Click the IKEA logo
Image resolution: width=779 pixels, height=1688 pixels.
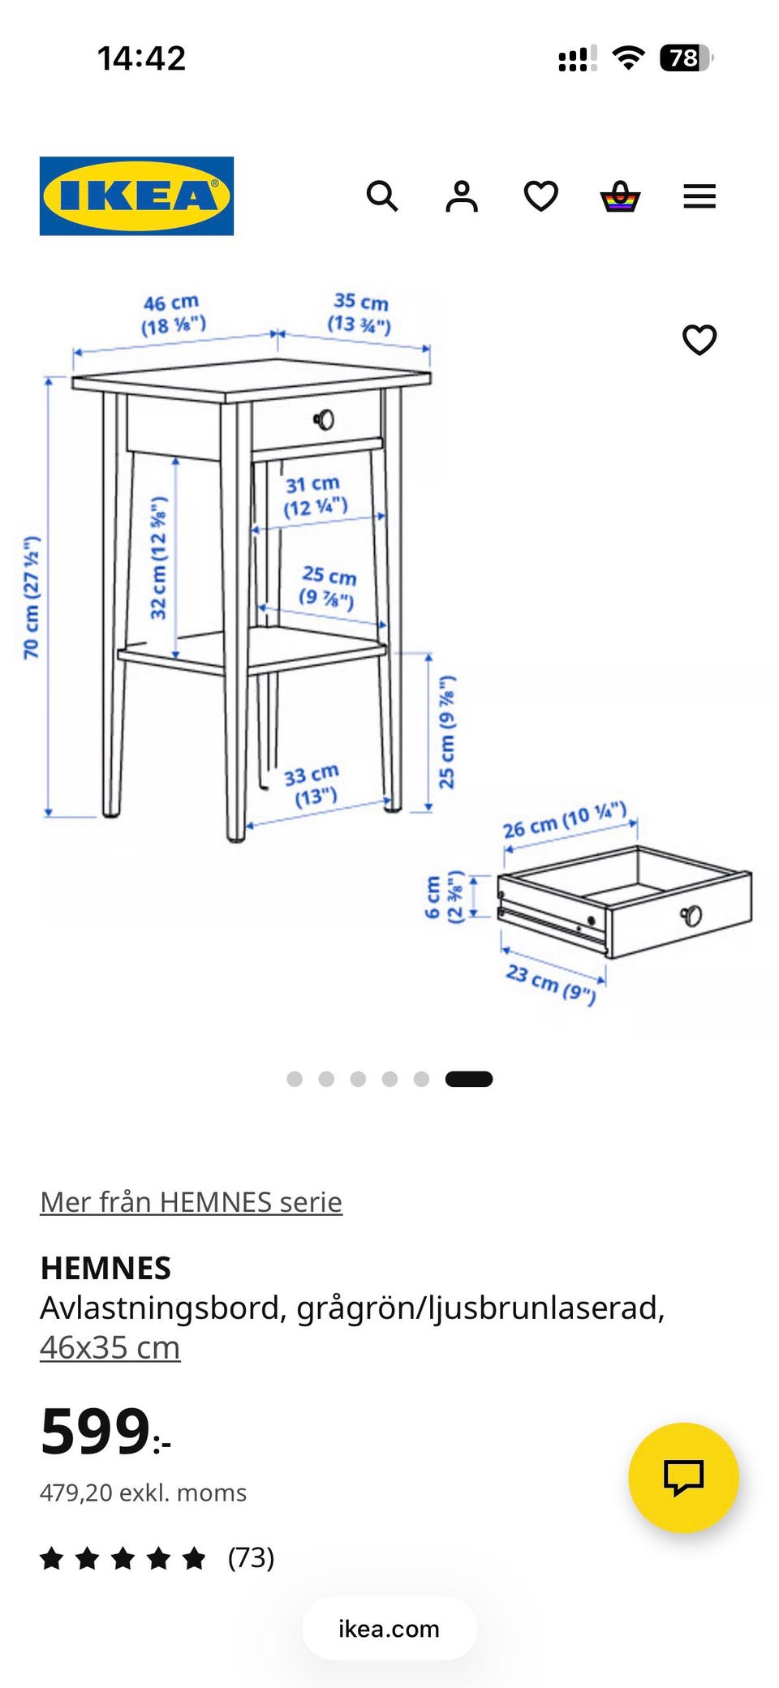point(136,196)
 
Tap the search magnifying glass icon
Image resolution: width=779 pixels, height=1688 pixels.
point(382,196)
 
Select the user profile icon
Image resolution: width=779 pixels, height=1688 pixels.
point(462,196)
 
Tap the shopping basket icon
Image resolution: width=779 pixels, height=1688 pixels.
point(620,196)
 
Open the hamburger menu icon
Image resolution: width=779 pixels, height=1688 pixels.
point(699,196)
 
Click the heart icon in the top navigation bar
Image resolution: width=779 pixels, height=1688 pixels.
point(540,196)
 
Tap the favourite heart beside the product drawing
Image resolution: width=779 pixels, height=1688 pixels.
point(699,340)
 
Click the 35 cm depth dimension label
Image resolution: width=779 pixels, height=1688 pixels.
point(360,313)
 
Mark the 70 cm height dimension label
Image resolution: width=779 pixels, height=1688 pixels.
point(32,597)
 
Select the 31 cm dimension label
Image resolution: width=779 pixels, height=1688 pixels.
point(315,496)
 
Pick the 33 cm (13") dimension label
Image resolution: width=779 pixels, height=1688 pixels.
point(312,785)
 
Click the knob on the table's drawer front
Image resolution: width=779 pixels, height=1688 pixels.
point(324,419)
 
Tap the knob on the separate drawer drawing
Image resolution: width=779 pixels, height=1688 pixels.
point(691,916)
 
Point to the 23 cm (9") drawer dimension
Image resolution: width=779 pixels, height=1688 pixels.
point(551,983)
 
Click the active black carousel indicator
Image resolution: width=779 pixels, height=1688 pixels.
point(469,1079)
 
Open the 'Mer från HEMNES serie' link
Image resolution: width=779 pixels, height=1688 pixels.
point(192,1202)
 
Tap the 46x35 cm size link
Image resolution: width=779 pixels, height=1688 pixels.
point(110,1347)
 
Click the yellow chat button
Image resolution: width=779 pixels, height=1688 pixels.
point(683,1477)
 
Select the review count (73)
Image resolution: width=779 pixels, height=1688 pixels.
point(252,1557)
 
